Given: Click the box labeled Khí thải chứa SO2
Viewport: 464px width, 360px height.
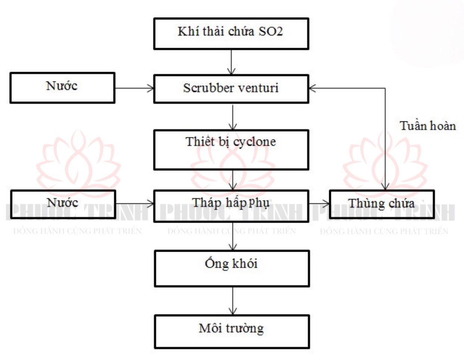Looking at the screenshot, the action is [x=231, y=34].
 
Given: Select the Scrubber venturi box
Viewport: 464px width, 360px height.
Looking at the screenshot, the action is [x=231, y=89].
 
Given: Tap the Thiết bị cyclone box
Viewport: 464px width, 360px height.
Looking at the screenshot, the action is [x=231, y=150].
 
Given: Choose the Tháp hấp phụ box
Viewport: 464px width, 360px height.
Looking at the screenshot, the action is [x=231, y=206].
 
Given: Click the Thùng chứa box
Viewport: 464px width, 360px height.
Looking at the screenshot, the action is [x=382, y=204].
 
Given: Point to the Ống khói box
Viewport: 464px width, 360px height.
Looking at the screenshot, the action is [x=232, y=269].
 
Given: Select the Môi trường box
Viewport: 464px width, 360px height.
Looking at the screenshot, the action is [x=232, y=331].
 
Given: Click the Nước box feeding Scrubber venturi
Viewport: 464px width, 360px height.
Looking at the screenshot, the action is [x=62, y=88].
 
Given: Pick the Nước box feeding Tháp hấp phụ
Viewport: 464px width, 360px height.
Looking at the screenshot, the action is [x=63, y=204].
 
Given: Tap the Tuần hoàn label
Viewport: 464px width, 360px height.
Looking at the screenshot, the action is [x=428, y=126].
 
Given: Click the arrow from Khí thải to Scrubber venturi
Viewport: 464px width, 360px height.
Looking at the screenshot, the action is [x=231, y=62].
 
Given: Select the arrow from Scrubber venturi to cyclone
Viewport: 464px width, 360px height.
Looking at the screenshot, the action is [x=232, y=117].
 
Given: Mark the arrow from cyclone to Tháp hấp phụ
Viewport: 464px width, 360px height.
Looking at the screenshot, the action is [x=232, y=180].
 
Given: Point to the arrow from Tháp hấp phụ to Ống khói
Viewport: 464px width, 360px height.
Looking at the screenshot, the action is [x=232, y=236].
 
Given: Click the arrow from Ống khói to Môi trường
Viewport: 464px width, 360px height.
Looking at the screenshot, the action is [x=232, y=301].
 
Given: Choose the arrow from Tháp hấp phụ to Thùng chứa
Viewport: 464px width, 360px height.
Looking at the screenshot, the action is [x=319, y=204].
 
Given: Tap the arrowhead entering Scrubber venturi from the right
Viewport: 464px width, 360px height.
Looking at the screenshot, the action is [x=312, y=88].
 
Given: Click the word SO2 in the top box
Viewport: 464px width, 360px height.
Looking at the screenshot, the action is [x=271, y=31].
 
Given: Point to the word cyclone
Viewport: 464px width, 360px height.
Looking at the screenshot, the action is [x=254, y=142].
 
